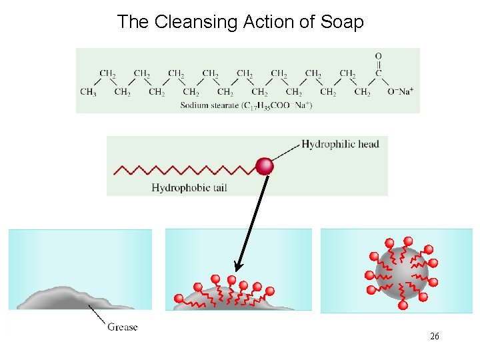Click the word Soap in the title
pyautogui.click(x=342, y=22)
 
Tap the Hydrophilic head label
pyautogui.click(x=340, y=144)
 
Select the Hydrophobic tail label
pyautogui.click(x=189, y=188)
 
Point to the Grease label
pyautogui.click(x=122, y=327)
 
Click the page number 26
pyautogui.click(x=435, y=336)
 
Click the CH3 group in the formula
pyautogui.click(x=88, y=92)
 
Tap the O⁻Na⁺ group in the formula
pyautogui.click(x=400, y=91)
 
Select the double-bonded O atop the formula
pyautogui.click(x=379, y=56)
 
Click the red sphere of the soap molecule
pyautogui.click(x=265, y=166)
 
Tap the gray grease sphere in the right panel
pyautogui.click(x=400, y=273)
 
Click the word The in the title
pyautogui.click(x=133, y=22)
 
